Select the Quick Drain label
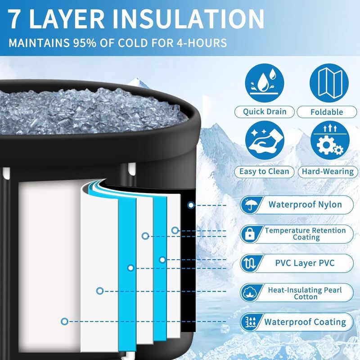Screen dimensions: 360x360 pyautogui.click(x=265, y=112)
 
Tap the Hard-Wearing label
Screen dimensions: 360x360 pyautogui.click(x=327, y=171)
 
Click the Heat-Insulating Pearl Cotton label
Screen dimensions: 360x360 pyautogui.click(x=305, y=293)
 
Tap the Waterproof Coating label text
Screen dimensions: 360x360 pyautogui.click(x=305, y=322)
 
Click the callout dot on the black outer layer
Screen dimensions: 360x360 pyautogui.click(x=191, y=205)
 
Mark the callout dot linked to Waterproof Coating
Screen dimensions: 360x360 pyautogui.click(x=65, y=321)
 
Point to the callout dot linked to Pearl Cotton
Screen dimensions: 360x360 pyautogui.click(x=99, y=291)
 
